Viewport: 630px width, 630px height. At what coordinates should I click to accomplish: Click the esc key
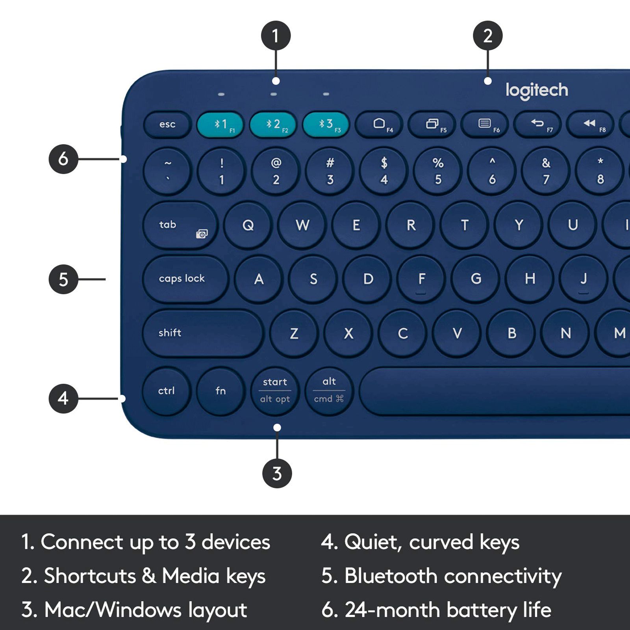[167, 124]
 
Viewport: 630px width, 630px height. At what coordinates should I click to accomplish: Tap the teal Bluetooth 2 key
[273, 124]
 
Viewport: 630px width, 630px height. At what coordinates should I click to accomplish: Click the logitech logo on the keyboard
[537, 90]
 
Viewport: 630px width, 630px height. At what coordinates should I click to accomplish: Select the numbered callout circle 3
[277, 473]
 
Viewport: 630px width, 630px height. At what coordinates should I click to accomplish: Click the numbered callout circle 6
[63, 159]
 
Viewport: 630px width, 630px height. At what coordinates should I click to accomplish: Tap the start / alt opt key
[275, 391]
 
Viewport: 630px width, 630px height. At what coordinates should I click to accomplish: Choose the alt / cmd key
[329, 391]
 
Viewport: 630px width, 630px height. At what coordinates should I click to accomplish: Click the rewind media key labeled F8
[590, 124]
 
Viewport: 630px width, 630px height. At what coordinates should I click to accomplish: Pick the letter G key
[476, 279]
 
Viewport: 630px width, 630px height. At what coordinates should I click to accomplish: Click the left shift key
[202, 333]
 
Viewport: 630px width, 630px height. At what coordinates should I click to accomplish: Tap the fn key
[220, 391]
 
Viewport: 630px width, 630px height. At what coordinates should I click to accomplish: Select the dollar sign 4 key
[384, 171]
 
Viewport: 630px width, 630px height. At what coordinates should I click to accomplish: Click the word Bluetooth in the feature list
[391, 576]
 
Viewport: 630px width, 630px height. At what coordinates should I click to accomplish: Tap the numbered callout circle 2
[487, 36]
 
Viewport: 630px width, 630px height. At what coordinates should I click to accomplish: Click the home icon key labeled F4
[380, 124]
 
